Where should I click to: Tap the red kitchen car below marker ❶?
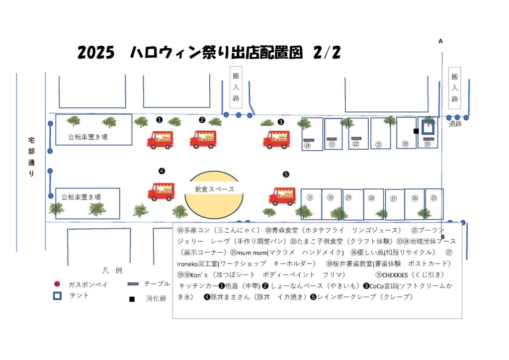(x=160, y=140)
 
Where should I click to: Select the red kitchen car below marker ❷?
(x=203, y=139)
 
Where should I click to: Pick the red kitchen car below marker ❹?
(x=161, y=191)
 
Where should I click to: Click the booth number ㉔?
(x=308, y=146)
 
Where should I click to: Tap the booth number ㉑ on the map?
(x=379, y=145)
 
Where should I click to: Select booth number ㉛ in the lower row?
(x=310, y=197)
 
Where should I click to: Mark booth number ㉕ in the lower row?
(x=433, y=197)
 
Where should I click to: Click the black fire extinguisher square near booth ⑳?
(x=416, y=131)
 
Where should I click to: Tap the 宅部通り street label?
(x=32, y=157)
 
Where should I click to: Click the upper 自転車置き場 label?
(x=88, y=136)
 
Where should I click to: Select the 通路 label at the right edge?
(x=455, y=123)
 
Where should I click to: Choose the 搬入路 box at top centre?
(x=236, y=88)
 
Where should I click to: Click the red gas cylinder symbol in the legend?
(x=57, y=284)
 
